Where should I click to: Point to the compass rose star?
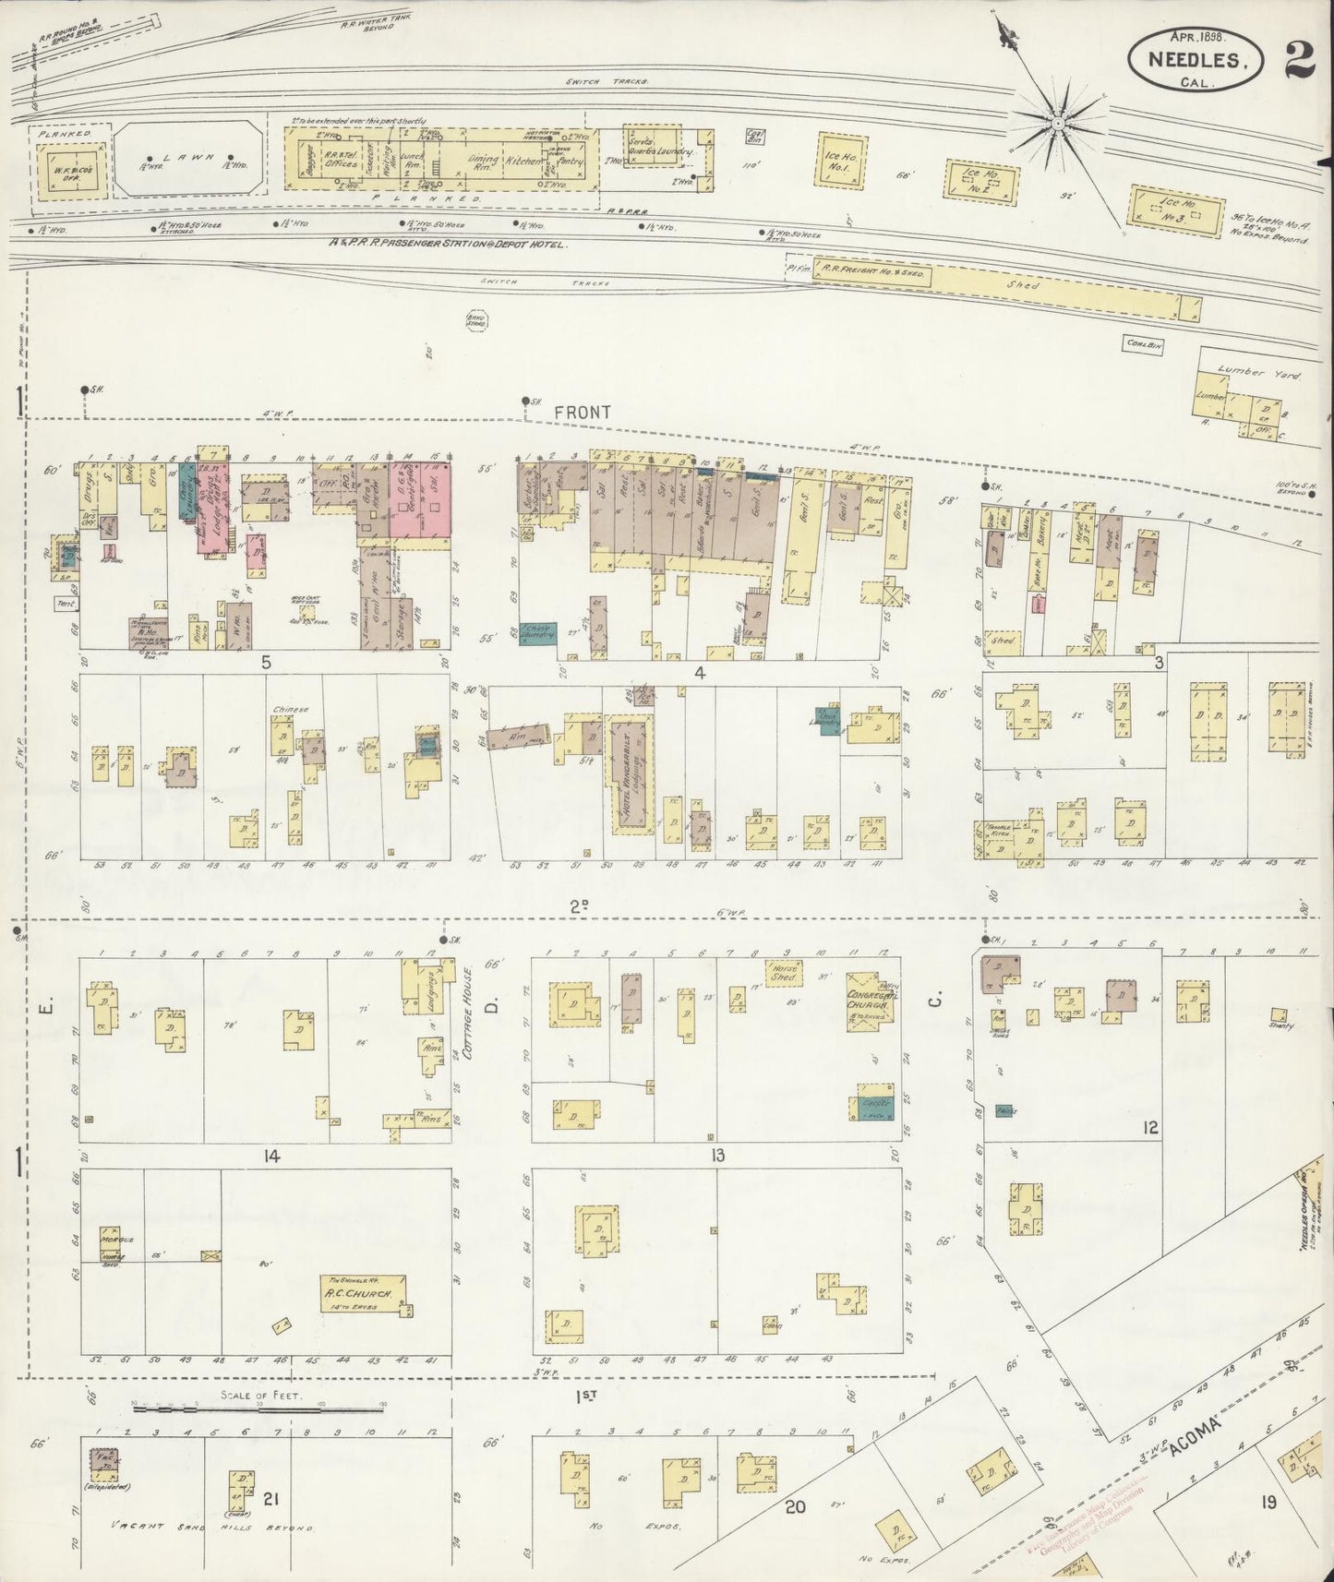click(1059, 122)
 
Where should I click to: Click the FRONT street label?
click(583, 412)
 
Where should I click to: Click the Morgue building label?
click(111, 1239)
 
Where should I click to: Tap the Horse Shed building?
click(783, 973)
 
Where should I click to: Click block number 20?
click(796, 1508)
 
